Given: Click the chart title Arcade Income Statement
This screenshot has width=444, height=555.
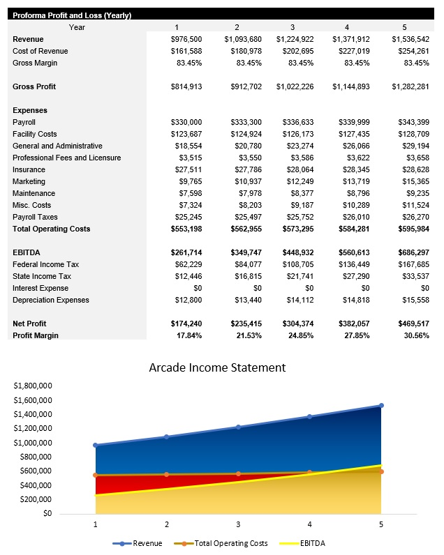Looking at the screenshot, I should tap(217, 367).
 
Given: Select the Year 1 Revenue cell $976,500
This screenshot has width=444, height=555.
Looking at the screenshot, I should tap(186, 39).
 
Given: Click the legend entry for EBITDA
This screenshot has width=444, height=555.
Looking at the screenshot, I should tap(312, 543).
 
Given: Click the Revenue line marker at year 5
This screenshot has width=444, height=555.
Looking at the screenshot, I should tap(381, 405).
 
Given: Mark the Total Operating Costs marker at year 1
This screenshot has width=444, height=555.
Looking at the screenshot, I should tap(96, 475).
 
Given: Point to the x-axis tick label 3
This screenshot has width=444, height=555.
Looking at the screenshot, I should tap(238, 524).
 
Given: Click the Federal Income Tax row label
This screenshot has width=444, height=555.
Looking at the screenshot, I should tap(45, 264).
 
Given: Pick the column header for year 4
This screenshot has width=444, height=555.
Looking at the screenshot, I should tap(347, 27).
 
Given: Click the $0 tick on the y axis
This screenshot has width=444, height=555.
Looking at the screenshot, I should tap(47, 514).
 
